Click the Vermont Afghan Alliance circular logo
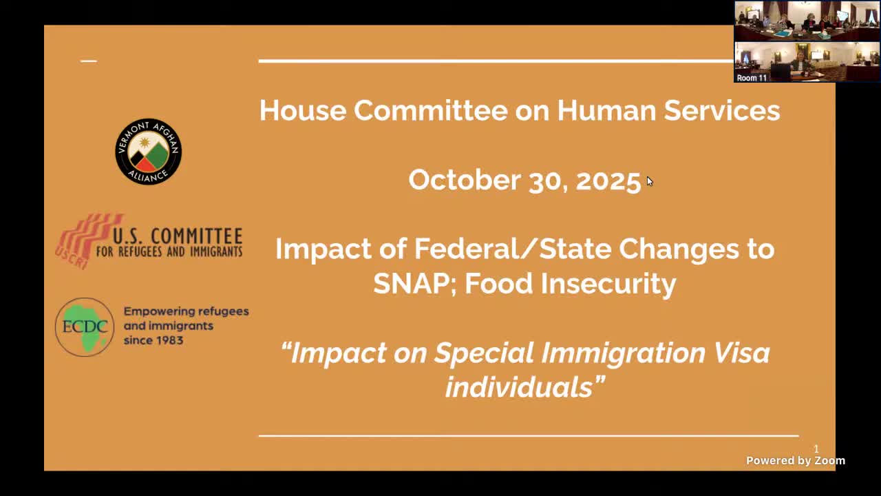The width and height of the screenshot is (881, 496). (x=148, y=152)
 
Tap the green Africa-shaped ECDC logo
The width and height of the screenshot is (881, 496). (x=85, y=327)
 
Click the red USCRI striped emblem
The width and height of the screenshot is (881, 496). (x=81, y=240)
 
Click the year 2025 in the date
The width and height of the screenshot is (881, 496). (x=608, y=180)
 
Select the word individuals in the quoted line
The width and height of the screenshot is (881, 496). (x=518, y=387)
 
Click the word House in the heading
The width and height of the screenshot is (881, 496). (x=301, y=110)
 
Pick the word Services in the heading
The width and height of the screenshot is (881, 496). (x=721, y=110)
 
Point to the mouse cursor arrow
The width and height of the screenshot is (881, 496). (x=649, y=181)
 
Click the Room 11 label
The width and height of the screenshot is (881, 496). (x=752, y=78)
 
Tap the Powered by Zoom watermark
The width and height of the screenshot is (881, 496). (x=795, y=461)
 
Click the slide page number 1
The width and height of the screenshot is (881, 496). (x=816, y=449)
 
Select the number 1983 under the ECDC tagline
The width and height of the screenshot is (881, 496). (x=169, y=340)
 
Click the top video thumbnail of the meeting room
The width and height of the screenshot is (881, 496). (x=807, y=21)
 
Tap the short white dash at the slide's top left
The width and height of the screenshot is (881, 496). (x=88, y=61)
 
